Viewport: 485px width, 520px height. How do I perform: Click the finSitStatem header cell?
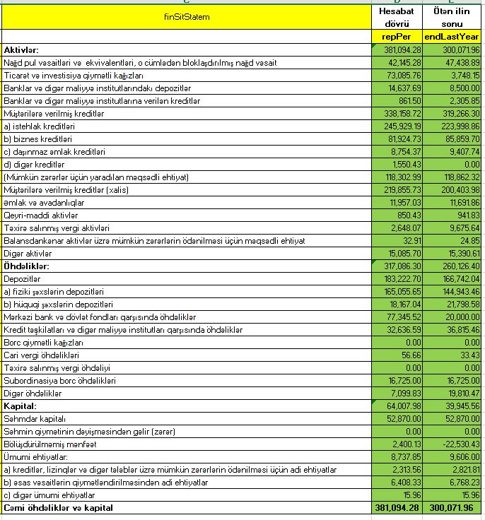(187, 16)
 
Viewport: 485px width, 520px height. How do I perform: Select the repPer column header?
(396, 37)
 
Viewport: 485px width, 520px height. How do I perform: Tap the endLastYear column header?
(452, 37)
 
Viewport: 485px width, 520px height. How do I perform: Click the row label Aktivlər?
(21, 50)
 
